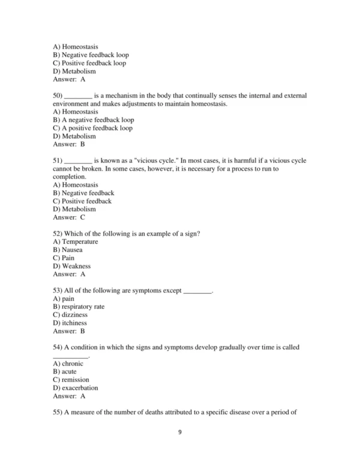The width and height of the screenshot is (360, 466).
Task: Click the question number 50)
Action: pyautogui.click(x=58, y=95)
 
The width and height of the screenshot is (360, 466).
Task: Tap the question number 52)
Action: pyautogui.click(x=58, y=232)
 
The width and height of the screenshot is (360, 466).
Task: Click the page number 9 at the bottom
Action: pyautogui.click(x=180, y=449)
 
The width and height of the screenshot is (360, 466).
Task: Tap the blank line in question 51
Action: pyautogui.click(x=78, y=161)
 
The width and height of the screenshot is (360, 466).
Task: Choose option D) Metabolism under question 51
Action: pyautogui.click(x=74, y=210)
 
